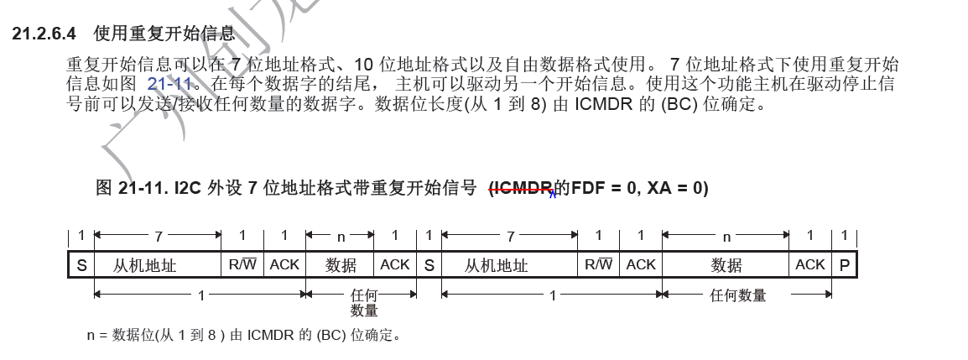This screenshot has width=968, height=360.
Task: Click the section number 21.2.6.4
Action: pyautogui.click(x=44, y=34)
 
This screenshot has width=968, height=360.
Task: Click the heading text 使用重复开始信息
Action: pyautogui.click(x=164, y=34)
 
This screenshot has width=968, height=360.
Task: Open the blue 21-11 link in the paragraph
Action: pyautogui.click(x=170, y=84)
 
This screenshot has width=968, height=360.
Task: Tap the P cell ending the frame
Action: pyautogui.click(x=844, y=265)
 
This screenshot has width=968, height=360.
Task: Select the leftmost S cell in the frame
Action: pyautogui.click(x=81, y=265)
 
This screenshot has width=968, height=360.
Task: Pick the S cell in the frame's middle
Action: pyautogui.click(x=429, y=265)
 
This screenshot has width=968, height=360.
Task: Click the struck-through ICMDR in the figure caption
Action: pyautogui.click(x=520, y=188)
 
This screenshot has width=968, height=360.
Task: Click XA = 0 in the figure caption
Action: pyautogui.click(x=678, y=188)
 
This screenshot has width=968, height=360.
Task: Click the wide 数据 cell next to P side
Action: pyautogui.click(x=726, y=265)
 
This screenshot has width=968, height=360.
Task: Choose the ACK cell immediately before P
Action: pyautogui.click(x=810, y=265)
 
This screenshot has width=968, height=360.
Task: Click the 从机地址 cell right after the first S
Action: pyautogui.click(x=145, y=265)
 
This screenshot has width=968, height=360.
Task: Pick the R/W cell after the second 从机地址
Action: pyautogui.click(x=598, y=265)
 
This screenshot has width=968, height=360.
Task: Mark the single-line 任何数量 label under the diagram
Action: pyautogui.click(x=738, y=295)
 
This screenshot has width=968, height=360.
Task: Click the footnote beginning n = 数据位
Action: pyautogui.click(x=243, y=336)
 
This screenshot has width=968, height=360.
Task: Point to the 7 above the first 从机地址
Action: pyautogui.click(x=158, y=237)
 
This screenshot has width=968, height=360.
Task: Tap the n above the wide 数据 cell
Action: pyautogui.click(x=726, y=237)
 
